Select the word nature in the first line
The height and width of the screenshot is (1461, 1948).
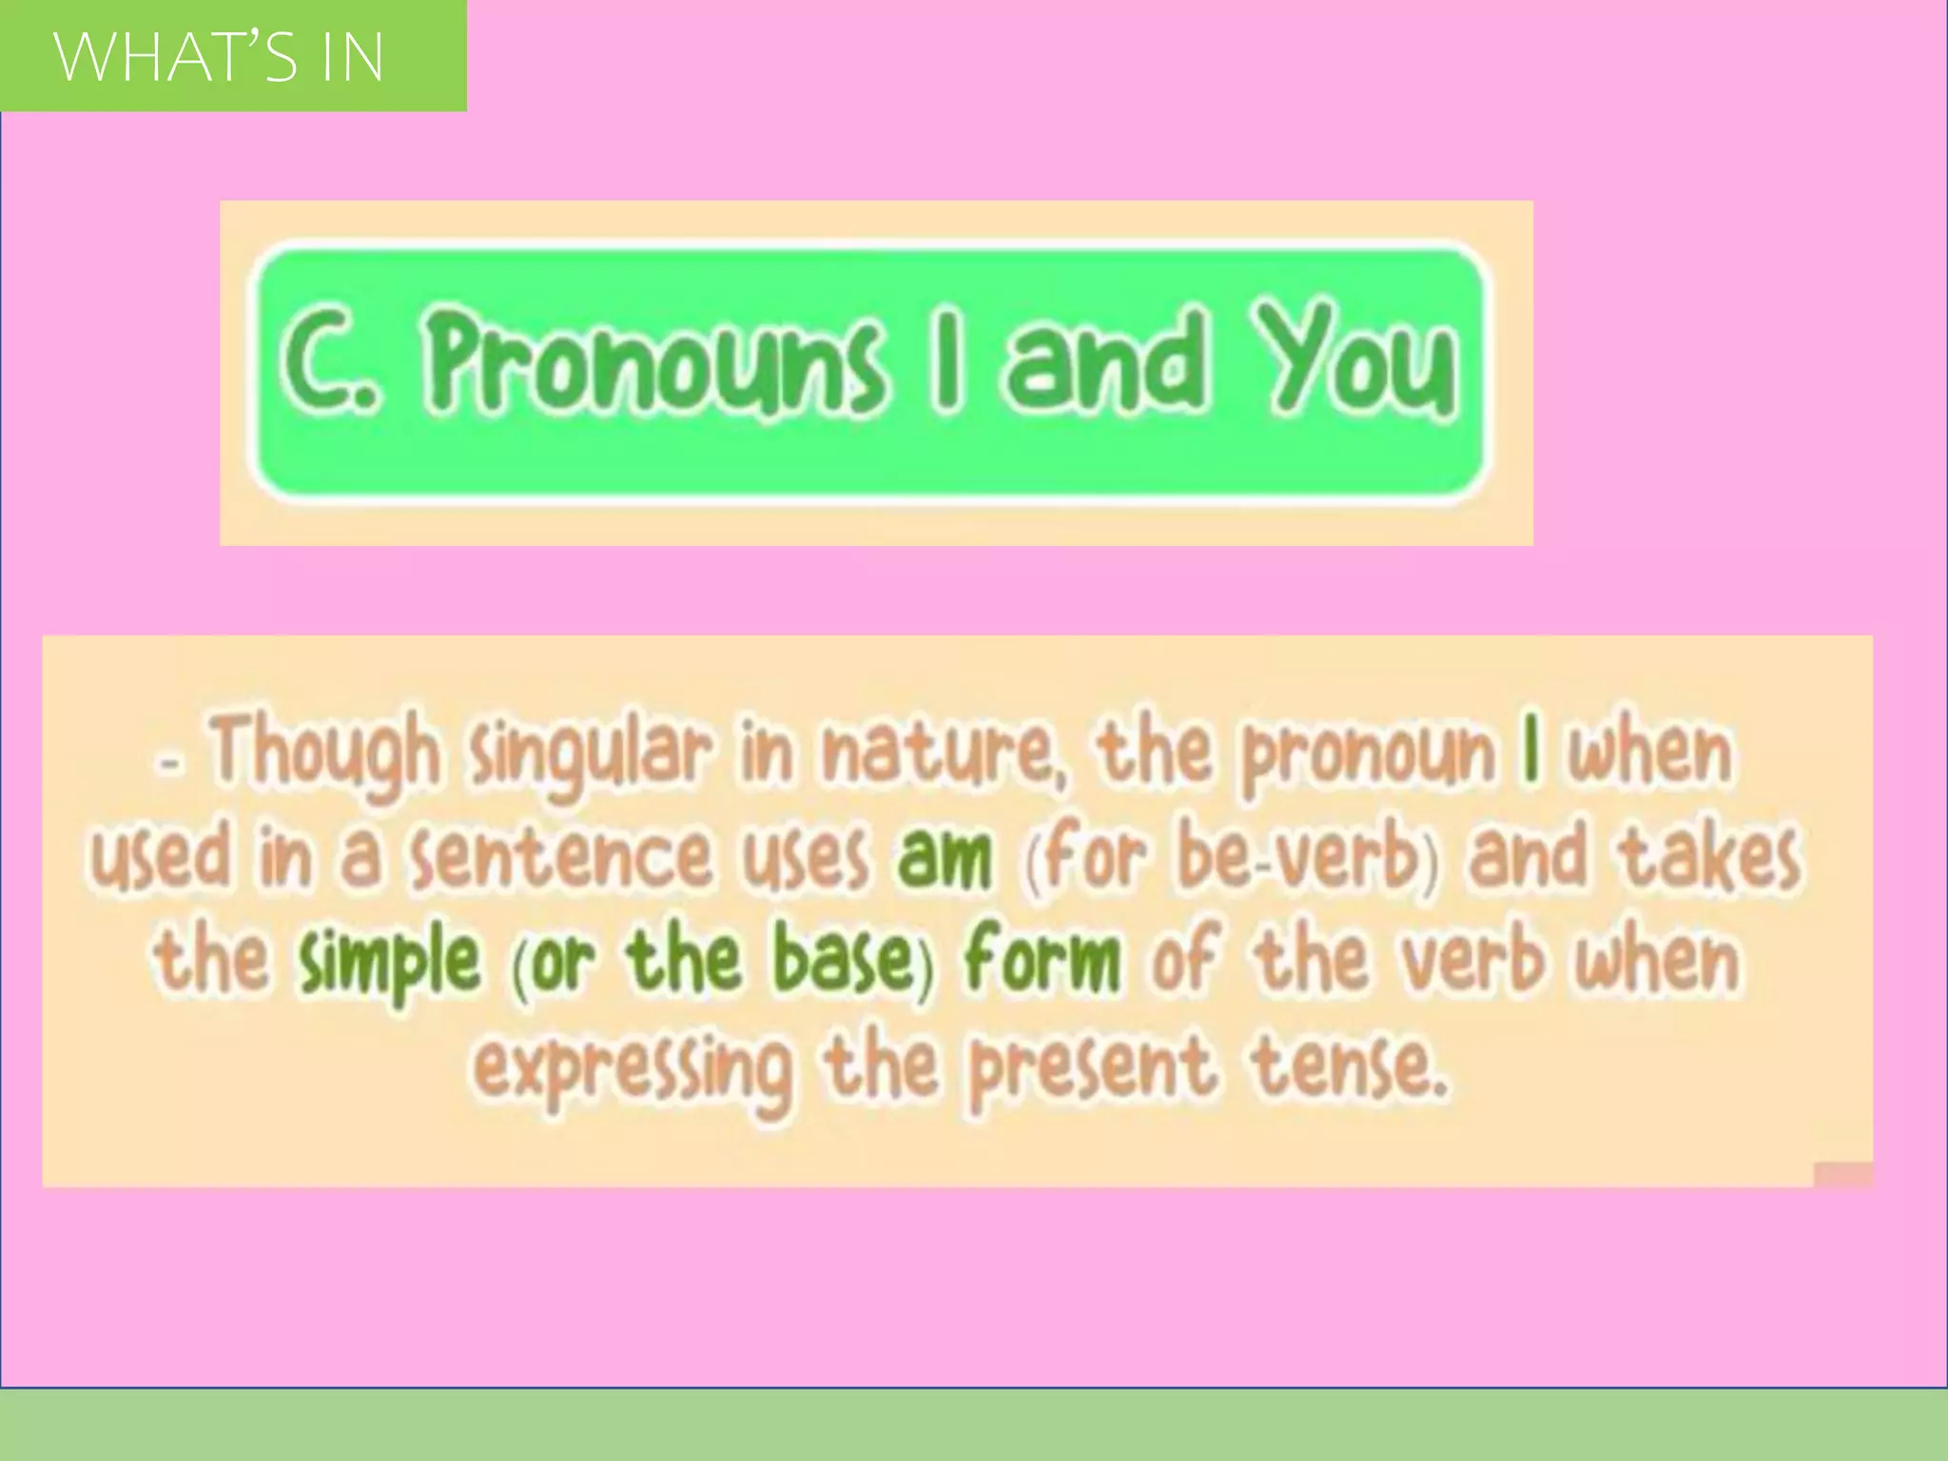pos(942,751)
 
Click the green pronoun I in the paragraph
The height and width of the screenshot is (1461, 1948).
pos(1530,751)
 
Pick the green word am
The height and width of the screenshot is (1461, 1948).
pos(944,856)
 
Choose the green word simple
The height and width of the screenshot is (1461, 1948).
pos(388,961)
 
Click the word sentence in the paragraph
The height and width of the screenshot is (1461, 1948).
pos(562,856)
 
